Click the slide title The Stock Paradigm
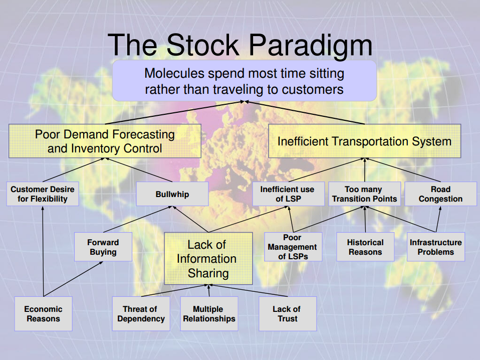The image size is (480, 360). point(240,45)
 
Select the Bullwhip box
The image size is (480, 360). point(172,194)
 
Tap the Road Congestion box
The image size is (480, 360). point(440,194)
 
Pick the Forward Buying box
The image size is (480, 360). point(103,247)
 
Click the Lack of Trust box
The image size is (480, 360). point(288,314)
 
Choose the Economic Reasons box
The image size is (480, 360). point(44,314)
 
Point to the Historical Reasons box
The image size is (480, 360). point(365,247)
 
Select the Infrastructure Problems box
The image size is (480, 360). point(435,247)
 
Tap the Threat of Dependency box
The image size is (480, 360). point(141,314)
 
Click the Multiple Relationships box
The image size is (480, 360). point(209,314)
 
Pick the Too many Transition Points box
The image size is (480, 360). point(365,194)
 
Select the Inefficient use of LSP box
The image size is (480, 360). point(289,194)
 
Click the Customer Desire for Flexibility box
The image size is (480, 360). point(43,194)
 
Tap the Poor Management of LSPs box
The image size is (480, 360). point(293,247)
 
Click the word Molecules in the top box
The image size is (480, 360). point(174,74)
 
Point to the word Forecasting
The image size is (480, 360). point(144,134)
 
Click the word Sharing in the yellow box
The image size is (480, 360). point(208,273)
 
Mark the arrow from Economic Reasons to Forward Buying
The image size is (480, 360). point(73,279)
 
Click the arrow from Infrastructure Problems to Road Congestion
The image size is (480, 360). point(438,219)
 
